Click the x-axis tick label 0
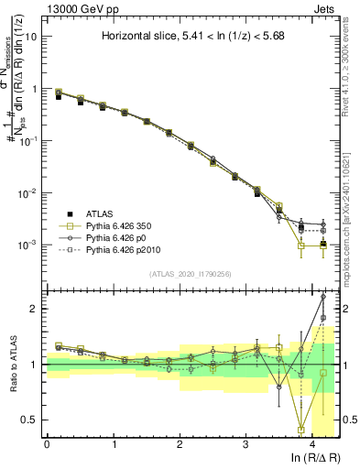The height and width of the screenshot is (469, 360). pyautogui.click(x=47, y=443)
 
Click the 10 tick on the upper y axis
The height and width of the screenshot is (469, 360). pyautogui.click(x=32, y=38)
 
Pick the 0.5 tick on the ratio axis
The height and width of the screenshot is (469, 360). pyautogui.click(x=30, y=420)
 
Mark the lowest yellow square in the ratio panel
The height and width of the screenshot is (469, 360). pyautogui.click(x=301, y=430)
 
